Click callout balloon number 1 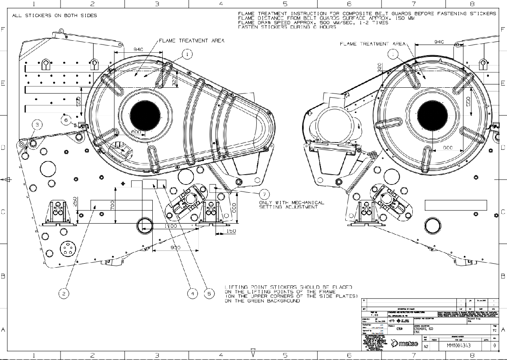[187, 54]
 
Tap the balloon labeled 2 [63, 293]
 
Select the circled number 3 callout [37, 124]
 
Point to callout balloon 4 [192, 293]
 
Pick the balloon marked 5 [209, 293]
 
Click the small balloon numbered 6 [66, 120]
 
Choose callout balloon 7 [265, 194]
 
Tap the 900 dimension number [175, 248]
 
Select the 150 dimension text [231, 231]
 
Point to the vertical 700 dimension [112, 204]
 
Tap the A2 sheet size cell [426, 346]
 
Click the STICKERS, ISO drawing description [423, 329]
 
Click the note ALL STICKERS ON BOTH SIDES [55, 16]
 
